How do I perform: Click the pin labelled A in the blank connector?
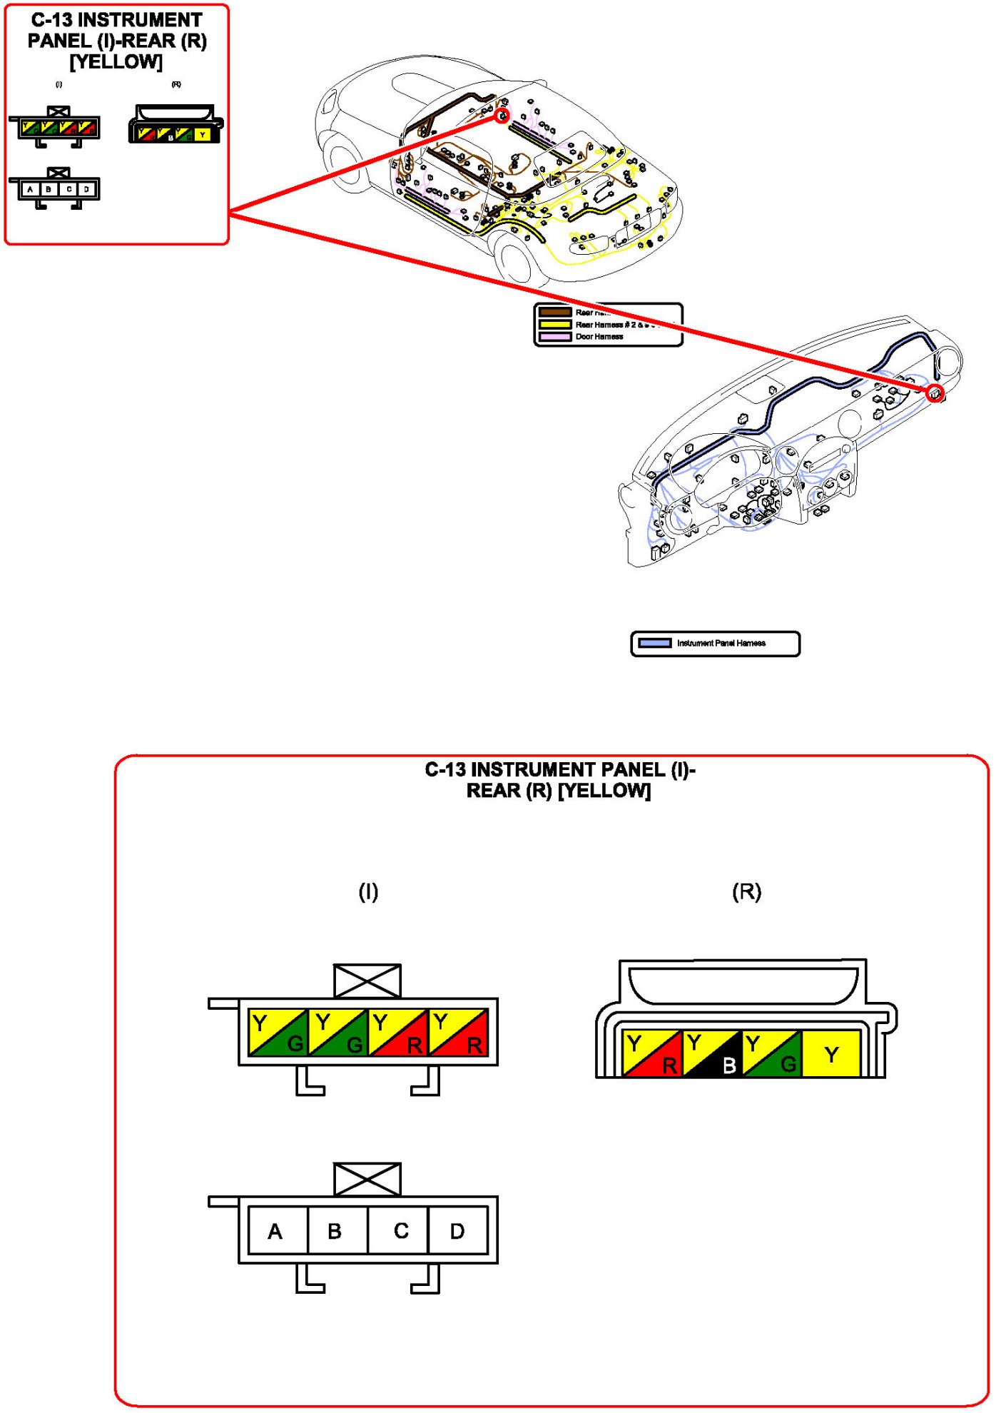[278, 1230]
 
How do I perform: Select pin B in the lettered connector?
[337, 1230]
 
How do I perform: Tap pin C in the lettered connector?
[398, 1230]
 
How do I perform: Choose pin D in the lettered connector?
[458, 1230]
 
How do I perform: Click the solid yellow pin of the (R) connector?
[831, 1053]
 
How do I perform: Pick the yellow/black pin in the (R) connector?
[712, 1053]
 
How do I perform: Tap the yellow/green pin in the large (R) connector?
[771, 1053]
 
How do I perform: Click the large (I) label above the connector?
[368, 891]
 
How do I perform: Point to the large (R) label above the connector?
[746, 891]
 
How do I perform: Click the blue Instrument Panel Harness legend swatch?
[654, 643]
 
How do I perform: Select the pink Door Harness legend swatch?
[554, 336]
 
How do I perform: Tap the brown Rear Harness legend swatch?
[554, 312]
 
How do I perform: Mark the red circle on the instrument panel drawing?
[935, 392]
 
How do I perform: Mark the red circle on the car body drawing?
[502, 116]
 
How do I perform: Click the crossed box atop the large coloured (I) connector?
[367, 981]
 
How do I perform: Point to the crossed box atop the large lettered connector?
[367, 1180]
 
